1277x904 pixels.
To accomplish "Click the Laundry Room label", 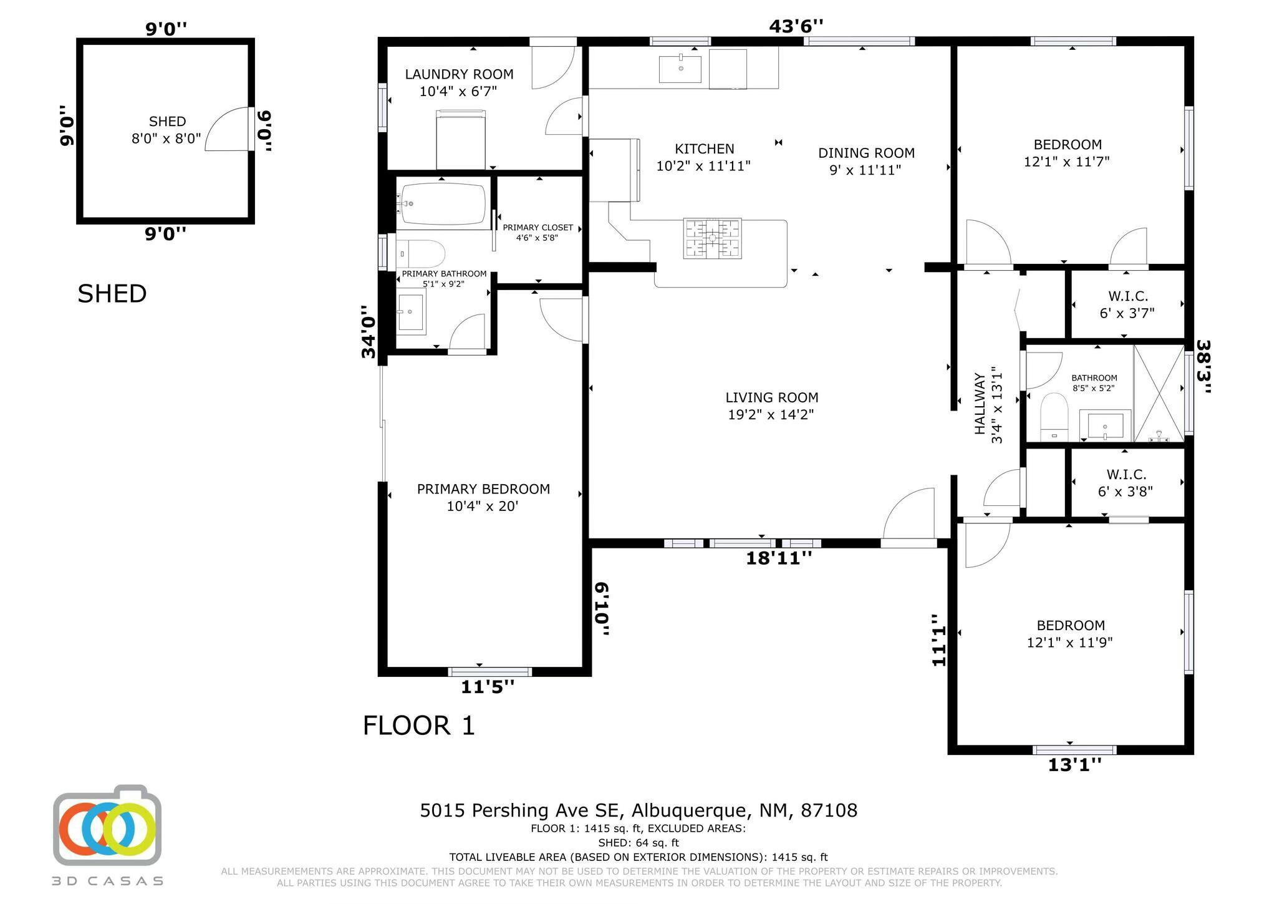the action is (459, 74).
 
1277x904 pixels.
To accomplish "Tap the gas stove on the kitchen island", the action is (712, 238).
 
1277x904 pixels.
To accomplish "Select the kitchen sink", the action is (680, 69).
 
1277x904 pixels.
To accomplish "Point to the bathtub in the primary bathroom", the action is (443, 203).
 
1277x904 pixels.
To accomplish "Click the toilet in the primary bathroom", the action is (421, 254).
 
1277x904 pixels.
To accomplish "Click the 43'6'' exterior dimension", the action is (796, 26).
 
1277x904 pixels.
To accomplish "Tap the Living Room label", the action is (772, 397).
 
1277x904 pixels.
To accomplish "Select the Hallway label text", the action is (980, 404).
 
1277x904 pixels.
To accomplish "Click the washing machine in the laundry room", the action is (461, 139).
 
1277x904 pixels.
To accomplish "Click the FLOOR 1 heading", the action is (419, 726).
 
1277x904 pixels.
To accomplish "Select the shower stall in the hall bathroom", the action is (1159, 394).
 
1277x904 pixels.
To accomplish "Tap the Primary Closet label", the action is (537, 228).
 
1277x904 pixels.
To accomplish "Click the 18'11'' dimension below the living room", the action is (779, 558).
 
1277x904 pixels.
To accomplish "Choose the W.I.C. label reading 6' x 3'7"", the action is (1127, 304).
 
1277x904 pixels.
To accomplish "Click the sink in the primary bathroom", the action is (411, 312).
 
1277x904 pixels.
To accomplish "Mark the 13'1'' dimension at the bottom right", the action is (1074, 765).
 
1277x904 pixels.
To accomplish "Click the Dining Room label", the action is (866, 153).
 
